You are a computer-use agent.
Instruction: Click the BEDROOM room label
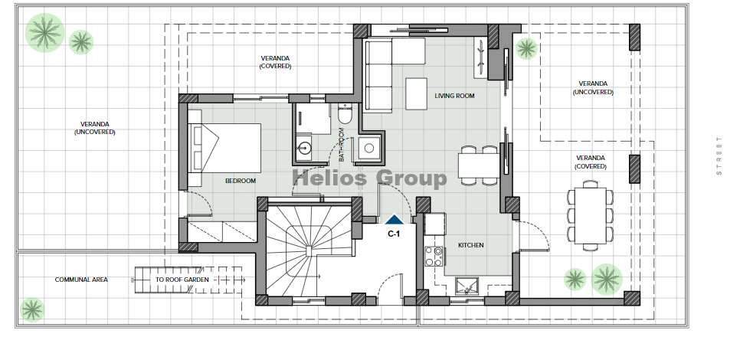coord(241,181)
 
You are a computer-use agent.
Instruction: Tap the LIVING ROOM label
coord(454,96)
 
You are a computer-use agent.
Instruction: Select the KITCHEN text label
coord(470,245)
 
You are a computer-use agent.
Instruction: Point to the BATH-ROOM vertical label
coord(342,145)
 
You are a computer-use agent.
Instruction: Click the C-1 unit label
coord(394,234)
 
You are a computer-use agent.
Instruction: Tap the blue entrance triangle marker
coord(394,219)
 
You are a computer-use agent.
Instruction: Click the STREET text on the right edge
coord(719,155)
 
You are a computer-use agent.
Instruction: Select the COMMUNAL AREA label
coord(81,280)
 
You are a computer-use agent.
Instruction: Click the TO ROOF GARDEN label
coord(182,280)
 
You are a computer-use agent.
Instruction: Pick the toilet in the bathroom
coord(345,114)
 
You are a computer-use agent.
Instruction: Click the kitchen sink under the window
coord(467,286)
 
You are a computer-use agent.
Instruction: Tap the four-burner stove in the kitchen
coord(434,256)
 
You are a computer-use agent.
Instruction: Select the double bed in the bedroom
coord(224,148)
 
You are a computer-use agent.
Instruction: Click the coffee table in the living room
coord(416,94)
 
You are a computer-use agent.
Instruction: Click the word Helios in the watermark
coord(330,178)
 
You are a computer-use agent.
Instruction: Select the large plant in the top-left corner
coord(45,33)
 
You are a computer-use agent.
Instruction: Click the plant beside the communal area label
coord(32,310)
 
